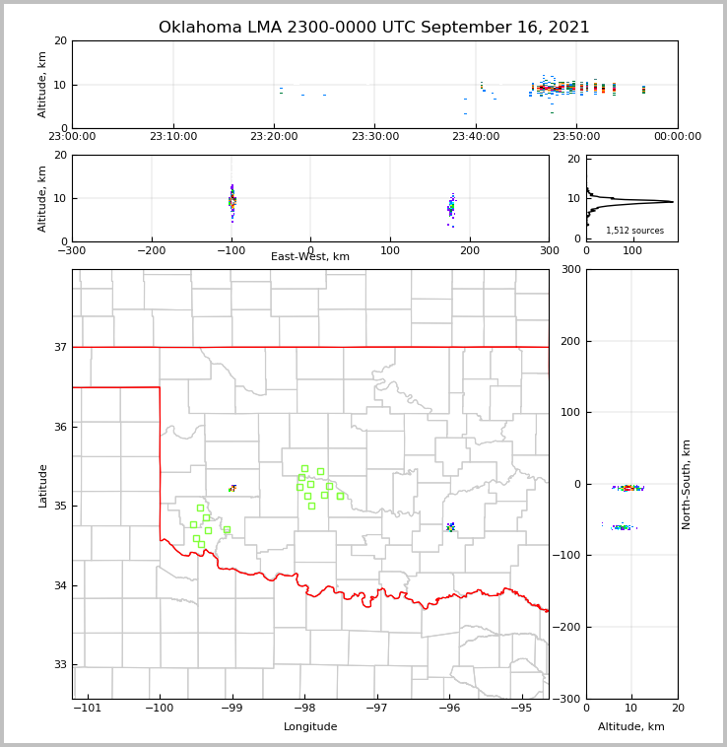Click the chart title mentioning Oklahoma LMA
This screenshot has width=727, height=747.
374,28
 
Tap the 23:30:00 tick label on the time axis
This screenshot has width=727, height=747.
374,137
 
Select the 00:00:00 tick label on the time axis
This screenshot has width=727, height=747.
677,137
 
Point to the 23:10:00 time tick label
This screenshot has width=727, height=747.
173,137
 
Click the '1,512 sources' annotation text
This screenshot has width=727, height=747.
634,231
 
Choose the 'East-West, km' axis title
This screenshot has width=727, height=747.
310,257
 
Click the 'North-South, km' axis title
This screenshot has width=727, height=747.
687,484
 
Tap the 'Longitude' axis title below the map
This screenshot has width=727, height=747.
310,727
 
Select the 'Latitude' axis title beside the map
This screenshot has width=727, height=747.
42,485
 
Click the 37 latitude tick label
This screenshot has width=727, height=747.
59,347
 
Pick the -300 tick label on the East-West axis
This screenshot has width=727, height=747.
72,250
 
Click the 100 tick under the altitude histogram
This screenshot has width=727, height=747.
631,250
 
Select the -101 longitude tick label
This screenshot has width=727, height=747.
89,708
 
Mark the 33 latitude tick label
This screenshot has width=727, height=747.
59,664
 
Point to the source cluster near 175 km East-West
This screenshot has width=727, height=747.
451,207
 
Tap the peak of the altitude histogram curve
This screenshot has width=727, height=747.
673,202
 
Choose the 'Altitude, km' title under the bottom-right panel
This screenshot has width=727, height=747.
631,727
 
